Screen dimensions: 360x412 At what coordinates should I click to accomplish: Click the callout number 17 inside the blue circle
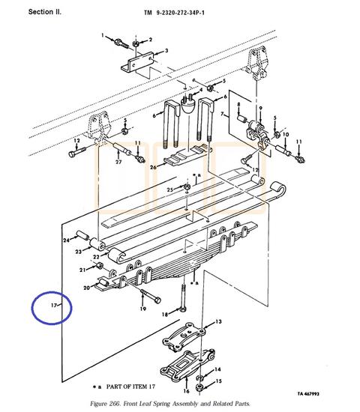point(54,305)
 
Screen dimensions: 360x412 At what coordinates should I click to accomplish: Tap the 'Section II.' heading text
point(45,12)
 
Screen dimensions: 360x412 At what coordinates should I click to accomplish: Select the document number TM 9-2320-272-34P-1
point(174,13)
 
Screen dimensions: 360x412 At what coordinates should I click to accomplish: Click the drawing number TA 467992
point(308,393)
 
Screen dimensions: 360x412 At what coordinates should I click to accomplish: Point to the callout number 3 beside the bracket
point(166,50)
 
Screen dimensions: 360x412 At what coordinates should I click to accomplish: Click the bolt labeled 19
point(151,296)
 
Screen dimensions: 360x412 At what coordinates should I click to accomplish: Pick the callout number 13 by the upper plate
point(218,321)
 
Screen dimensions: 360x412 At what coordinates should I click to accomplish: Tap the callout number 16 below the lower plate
point(186,391)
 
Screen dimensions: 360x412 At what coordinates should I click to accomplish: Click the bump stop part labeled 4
point(189,104)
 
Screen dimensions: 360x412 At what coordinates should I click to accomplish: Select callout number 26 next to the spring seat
point(153,167)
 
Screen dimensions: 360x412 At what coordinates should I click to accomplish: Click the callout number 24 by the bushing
point(66,240)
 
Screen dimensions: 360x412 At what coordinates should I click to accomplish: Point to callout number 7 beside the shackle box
point(222,114)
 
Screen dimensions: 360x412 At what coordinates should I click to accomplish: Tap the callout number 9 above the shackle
point(260,109)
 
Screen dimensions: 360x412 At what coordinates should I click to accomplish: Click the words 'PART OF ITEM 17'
point(130,387)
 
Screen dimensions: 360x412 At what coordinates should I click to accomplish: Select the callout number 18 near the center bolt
point(165,315)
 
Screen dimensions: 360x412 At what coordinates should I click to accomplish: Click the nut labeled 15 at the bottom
point(199,387)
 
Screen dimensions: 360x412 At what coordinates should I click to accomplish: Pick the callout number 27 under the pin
point(118,162)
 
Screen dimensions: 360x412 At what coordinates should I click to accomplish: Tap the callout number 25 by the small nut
point(170,190)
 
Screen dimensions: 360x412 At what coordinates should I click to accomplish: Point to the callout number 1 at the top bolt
point(103,35)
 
